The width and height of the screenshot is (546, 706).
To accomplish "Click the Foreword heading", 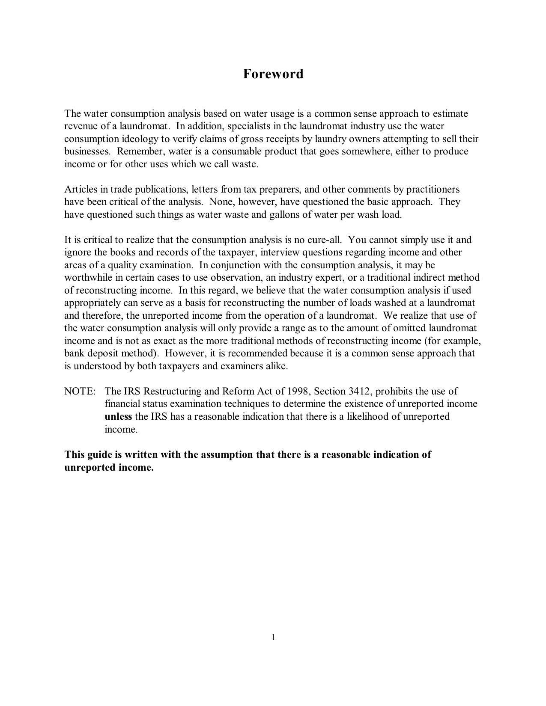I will [x=273, y=74].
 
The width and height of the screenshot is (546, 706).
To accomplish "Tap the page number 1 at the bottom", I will [x=273, y=638].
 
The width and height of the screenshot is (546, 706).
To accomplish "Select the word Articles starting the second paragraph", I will [x=80, y=190].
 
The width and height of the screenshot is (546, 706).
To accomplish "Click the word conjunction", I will [x=235, y=265].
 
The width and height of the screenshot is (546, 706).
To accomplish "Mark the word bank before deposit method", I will [x=74, y=353].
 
